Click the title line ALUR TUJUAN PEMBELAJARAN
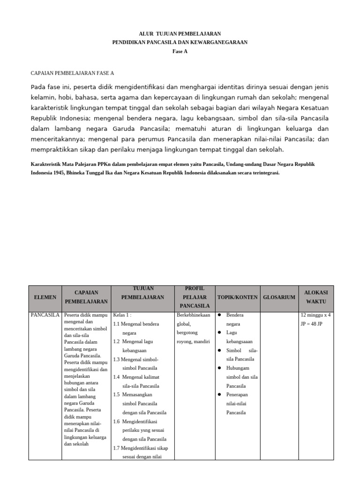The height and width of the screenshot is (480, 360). point(180,34)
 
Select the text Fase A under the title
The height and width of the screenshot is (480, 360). point(180,51)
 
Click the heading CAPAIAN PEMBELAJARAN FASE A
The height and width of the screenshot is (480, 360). point(72,74)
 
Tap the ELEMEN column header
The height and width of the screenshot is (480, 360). point(45,297)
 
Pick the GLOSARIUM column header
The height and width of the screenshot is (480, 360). point(279,297)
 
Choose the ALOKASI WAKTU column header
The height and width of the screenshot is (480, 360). point(315,297)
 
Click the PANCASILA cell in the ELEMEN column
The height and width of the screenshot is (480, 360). point(45,315)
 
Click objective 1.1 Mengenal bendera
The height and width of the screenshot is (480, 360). point(136,324)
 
